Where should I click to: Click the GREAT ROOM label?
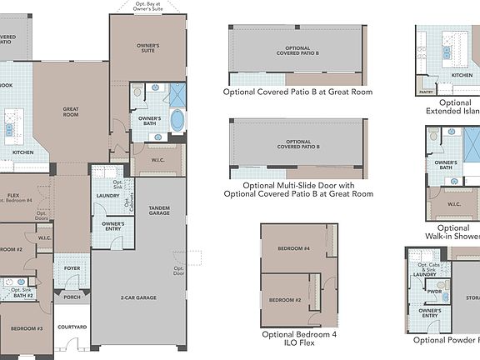coord(71,111)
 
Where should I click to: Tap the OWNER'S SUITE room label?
coord(147,49)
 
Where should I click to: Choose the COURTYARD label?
coord(72,327)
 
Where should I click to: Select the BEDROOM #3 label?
coord(27,328)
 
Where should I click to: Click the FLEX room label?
coord(13,197)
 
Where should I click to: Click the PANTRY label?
coord(426,92)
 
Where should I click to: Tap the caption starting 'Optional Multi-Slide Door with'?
coord(298,185)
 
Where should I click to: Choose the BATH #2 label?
coord(22,295)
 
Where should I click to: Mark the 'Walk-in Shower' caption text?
coord(452,238)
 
